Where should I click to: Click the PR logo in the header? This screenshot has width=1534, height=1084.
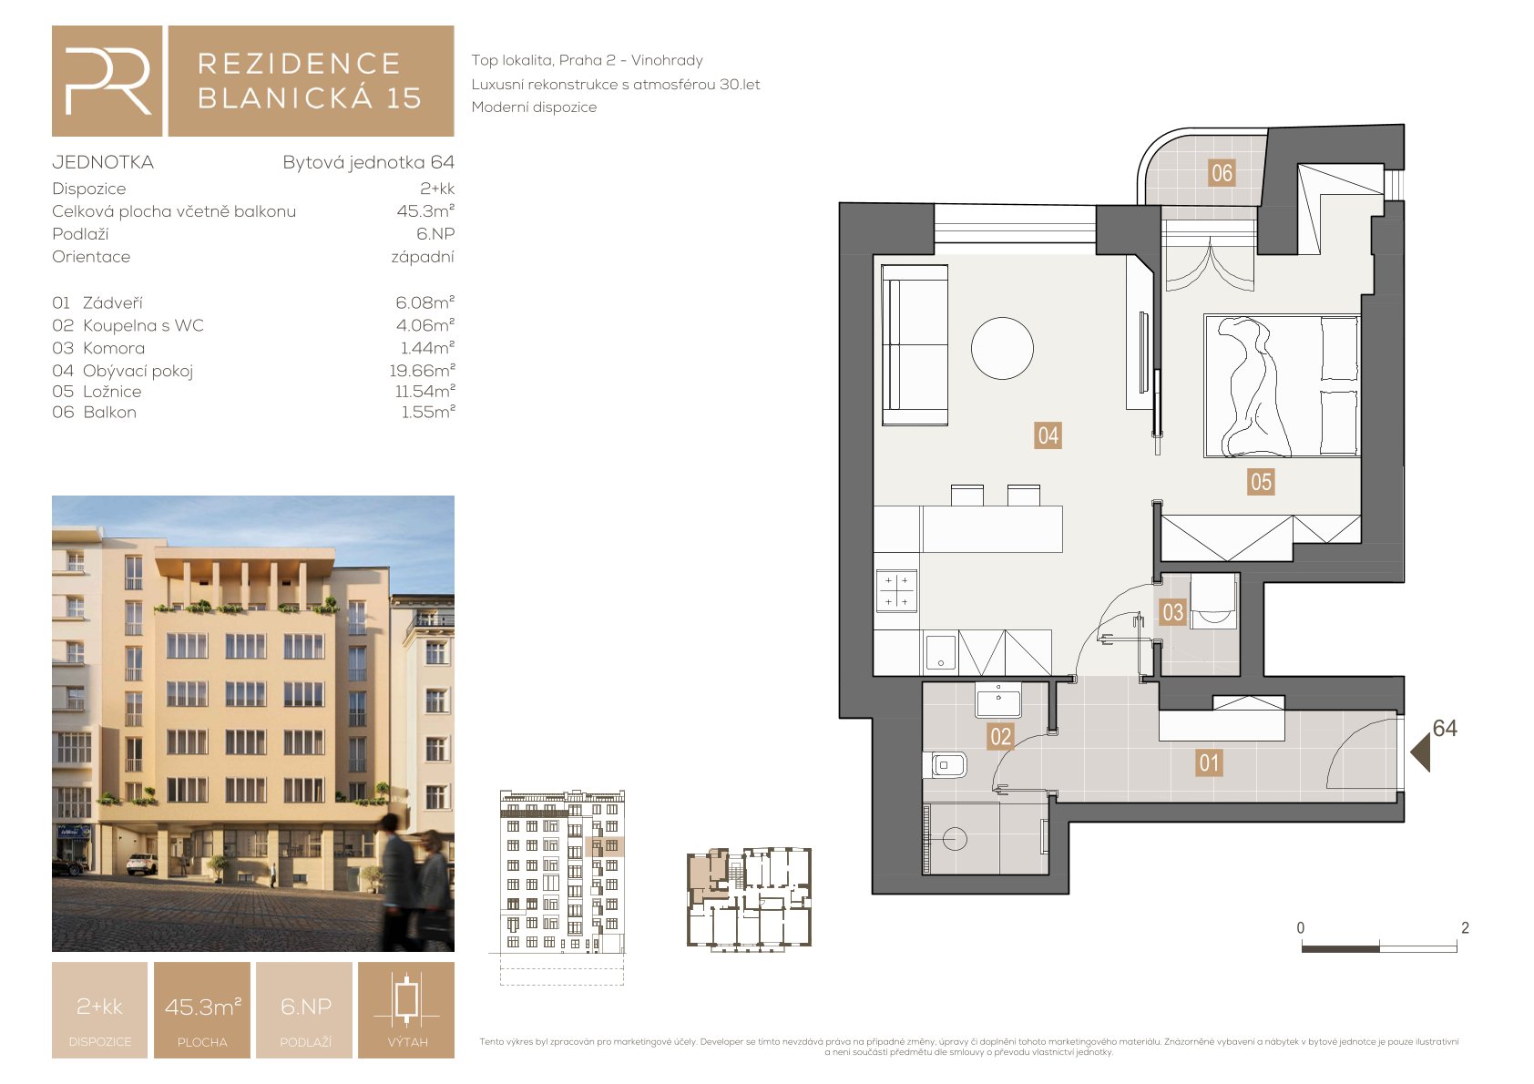pos(107,81)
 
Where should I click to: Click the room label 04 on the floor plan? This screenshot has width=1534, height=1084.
pos(1048,435)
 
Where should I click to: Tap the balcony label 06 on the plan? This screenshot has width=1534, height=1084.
pos(1222,172)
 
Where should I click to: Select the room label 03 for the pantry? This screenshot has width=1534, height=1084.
pos(1173,611)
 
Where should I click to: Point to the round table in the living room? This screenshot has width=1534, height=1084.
pos(1002,348)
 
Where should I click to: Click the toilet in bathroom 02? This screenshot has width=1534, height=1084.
pos(945,765)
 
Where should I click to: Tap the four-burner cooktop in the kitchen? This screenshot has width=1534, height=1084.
pos(896,591)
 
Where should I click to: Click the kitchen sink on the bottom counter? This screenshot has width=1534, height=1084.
pos(941,652)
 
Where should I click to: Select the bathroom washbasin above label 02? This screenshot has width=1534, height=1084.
pos(998,700)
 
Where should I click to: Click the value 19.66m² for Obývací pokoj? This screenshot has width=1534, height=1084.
pos(422,371)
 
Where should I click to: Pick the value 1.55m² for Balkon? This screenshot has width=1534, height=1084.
pos(428,412)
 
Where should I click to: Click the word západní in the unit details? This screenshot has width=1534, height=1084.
pos(423,257)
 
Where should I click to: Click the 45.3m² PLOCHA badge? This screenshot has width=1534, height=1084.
pos(202,1010)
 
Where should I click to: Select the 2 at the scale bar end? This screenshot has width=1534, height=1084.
pos(1465,928)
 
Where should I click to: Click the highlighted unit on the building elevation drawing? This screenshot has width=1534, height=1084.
pos(604,846)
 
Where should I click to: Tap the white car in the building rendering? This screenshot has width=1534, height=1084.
pos(141,864)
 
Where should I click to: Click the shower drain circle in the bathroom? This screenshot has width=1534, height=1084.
pos(955,837)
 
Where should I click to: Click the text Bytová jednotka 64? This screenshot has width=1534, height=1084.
pos(368,162)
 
